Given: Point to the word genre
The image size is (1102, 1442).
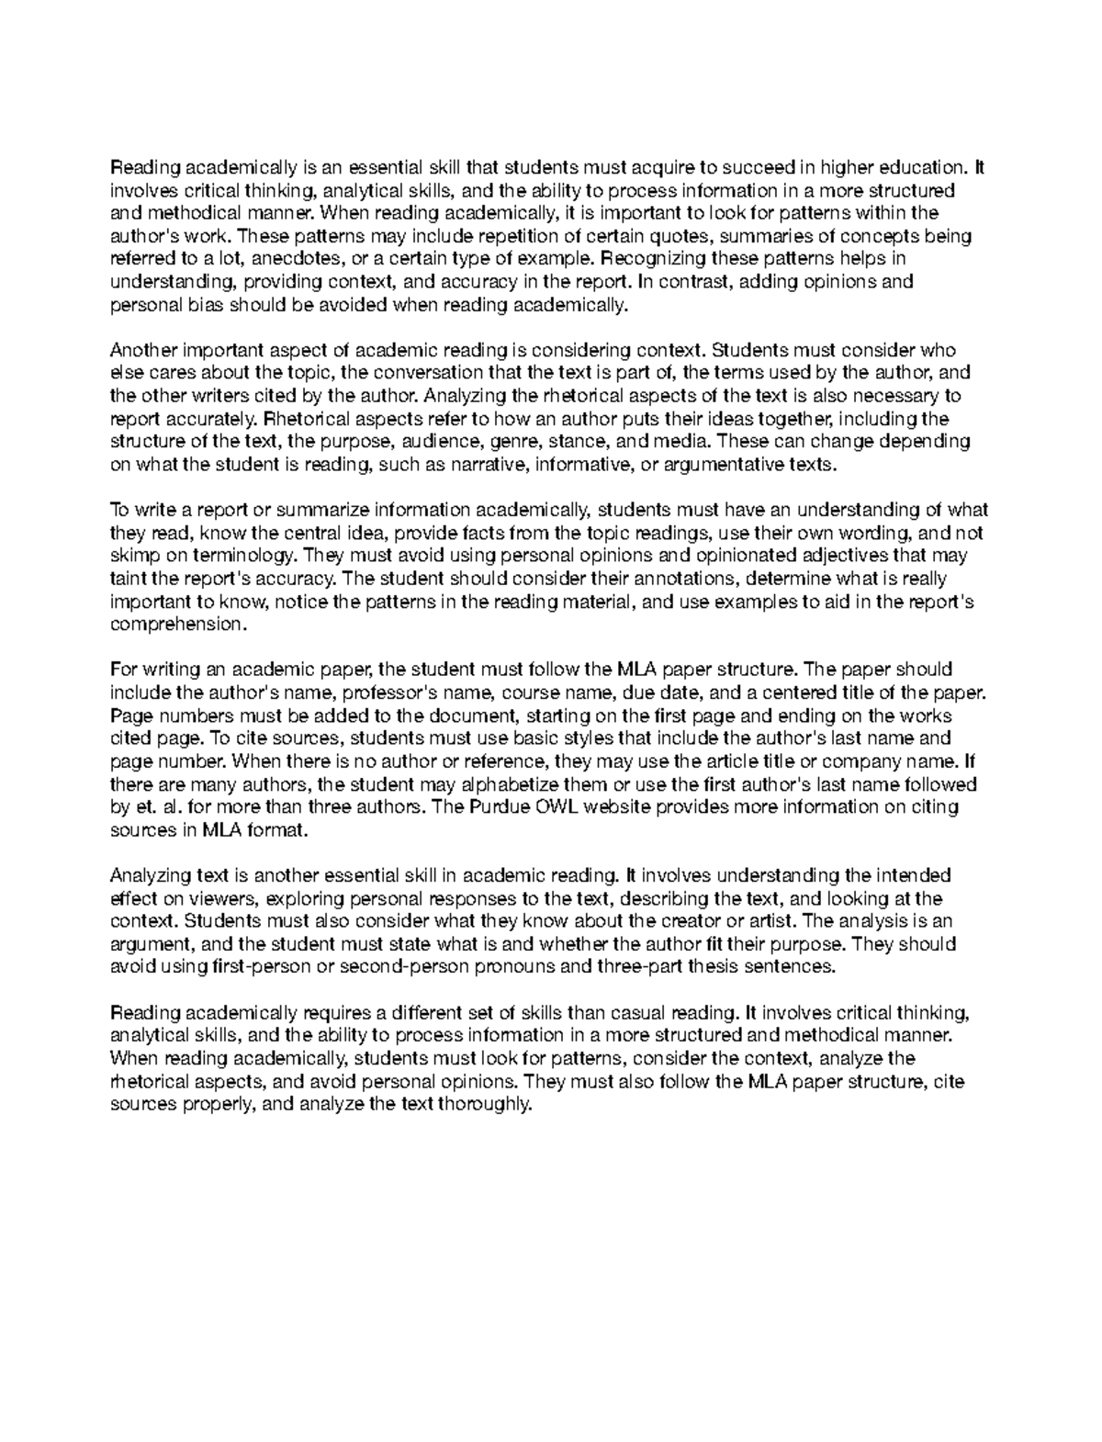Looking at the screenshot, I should pos(513,441).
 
